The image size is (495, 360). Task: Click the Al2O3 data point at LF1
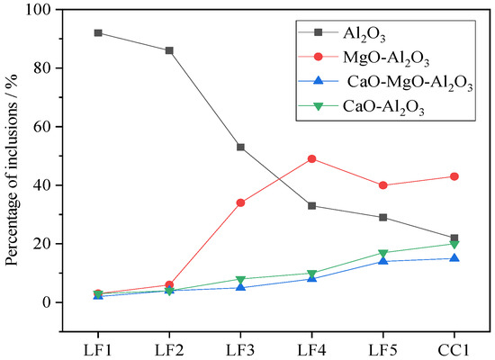pyautogui.click(x=97, y=32)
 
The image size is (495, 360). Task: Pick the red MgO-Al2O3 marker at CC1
pyautogui.click(x=454, y=176)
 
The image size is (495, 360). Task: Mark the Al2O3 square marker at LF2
pyautogui.click(x=169, y=50)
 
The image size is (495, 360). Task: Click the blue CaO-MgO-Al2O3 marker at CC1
pyautogui.click(x=454, y=258)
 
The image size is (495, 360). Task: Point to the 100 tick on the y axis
pyautogui.click(x=40, y=10)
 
